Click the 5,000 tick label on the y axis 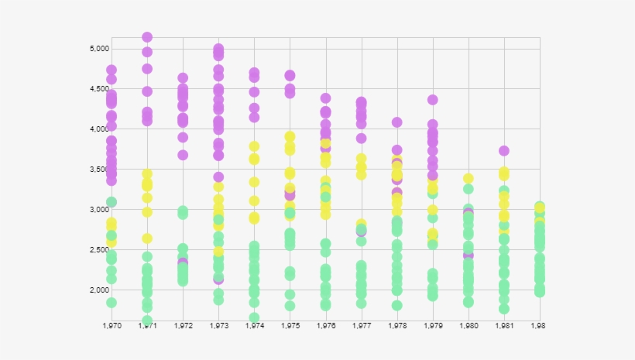pos(98,49)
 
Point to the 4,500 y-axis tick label pos(98,89)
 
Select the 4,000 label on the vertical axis pos(98,129)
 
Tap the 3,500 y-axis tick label pos(98,170)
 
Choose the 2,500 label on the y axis pos(98,250)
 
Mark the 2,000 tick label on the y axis pos(98,290)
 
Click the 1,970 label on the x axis pos(112,327)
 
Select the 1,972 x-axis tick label pos(183,327)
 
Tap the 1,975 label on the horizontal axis pos(290,327)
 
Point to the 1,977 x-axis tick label pos(361,327)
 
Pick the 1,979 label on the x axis pos(432,327)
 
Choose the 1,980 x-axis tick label pos(468,327)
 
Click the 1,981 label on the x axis pos(504,327)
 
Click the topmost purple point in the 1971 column pos(147,37)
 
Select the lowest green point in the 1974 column pos(254,317)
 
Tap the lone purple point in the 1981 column pos(504,151)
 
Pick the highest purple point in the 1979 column pos(433,100)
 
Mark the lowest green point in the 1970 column pos(112,303)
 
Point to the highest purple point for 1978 pos(397,122)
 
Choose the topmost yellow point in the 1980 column pos(469,179)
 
